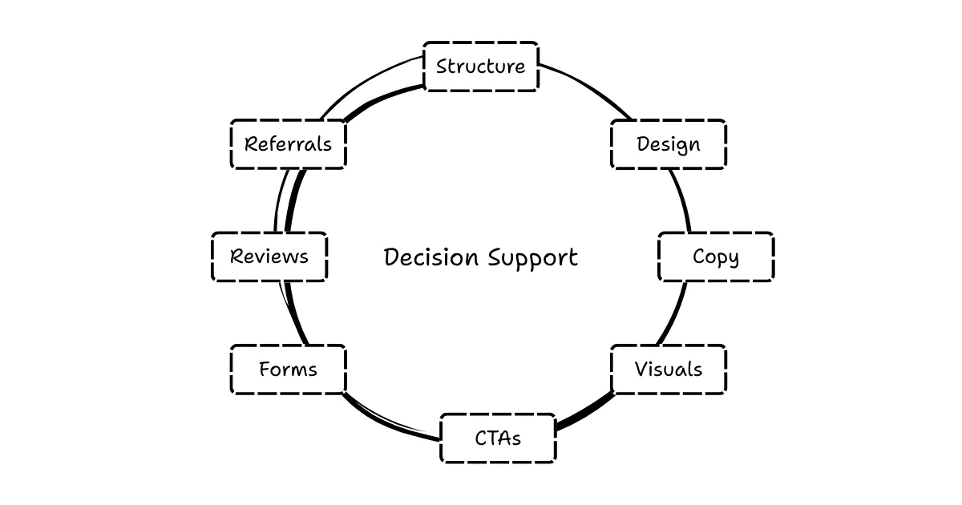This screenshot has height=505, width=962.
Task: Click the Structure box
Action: pos(480,67)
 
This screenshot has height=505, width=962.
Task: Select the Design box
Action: pos(668,144)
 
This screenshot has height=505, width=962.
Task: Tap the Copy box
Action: pos(715,257)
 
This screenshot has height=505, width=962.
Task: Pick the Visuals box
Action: pos(668,370)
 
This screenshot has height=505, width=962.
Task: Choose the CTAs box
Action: pos(497,438)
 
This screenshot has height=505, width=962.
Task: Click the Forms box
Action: pos(288,370)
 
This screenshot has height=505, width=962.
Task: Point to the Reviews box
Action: pos(269,257)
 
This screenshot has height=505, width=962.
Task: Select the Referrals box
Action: pos(288,144)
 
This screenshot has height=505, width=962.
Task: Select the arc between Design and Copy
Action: pos(681,200)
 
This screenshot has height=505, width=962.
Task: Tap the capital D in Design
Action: pos(643,144)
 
